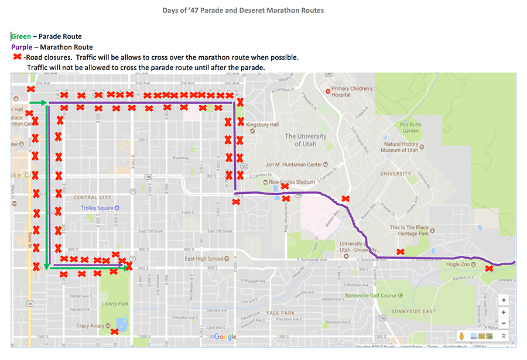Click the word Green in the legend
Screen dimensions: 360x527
21,36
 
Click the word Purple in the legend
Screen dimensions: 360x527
22,47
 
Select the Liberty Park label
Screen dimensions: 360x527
115,304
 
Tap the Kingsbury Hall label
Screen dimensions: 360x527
262,125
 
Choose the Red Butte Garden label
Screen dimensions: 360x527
413,128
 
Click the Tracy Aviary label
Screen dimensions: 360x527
90,326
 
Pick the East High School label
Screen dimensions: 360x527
204,259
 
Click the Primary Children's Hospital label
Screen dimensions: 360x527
352,92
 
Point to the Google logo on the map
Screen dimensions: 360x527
225,337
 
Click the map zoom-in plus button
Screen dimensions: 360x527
504,312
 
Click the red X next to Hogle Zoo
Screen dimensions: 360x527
489,269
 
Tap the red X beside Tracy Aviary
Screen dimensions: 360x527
115,332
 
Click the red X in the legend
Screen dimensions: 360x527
18,57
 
